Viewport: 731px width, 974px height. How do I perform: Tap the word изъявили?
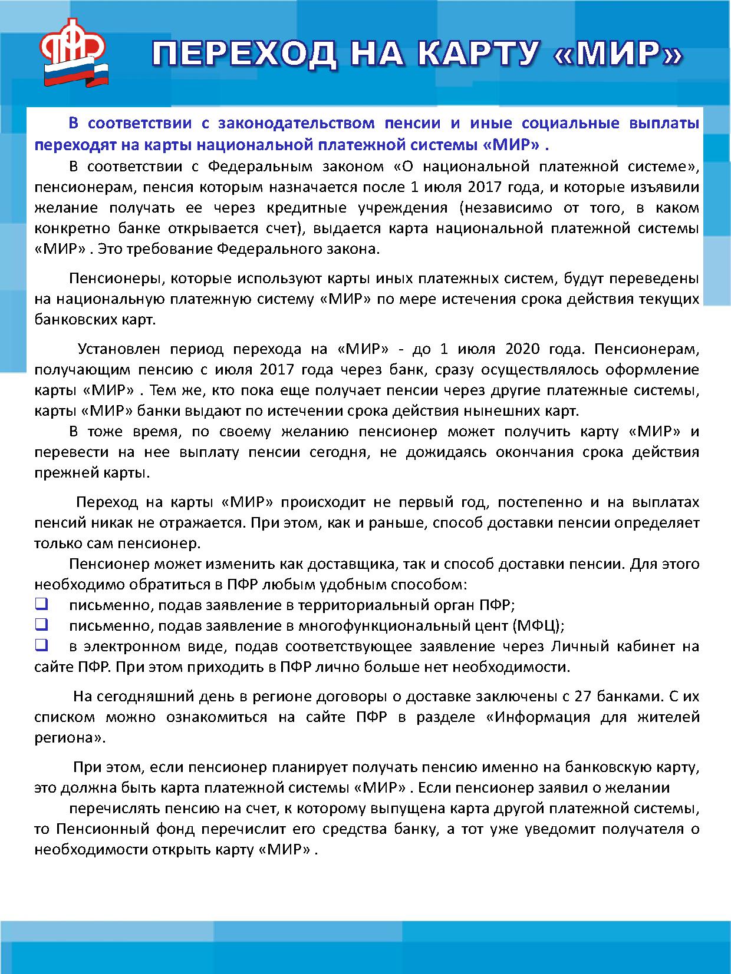click(665, 187)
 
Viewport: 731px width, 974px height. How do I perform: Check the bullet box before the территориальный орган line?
click(41, 604)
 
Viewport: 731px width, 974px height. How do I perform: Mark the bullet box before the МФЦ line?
click(41, 624)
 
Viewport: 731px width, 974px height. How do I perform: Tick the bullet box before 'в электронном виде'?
click(41, 645)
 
